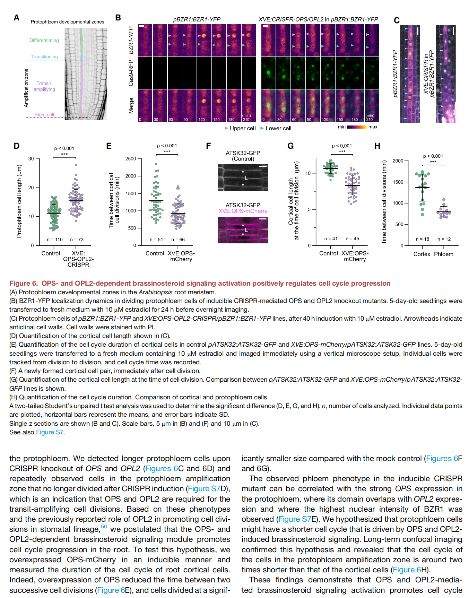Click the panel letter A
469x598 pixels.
tap(16, 18)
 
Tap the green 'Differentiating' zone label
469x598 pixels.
tap(44, 40)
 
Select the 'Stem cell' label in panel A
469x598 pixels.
tap(44, 114)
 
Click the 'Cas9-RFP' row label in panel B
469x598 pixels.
tap(131, 73)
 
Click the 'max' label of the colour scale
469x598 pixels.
tap(373, 127)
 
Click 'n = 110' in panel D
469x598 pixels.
tap(55, 240)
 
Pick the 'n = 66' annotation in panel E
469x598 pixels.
tap(178, 240)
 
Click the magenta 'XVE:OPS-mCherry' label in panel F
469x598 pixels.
tap(243, 211)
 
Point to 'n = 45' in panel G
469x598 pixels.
tap(352, 239)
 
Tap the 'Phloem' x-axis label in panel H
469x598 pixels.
tap(443, 254)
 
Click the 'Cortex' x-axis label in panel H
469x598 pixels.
tap(422, 254)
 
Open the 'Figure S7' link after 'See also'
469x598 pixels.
tap(50, 432)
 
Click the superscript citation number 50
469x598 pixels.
tap(104, 527)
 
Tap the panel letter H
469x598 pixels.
tap(377, 146)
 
